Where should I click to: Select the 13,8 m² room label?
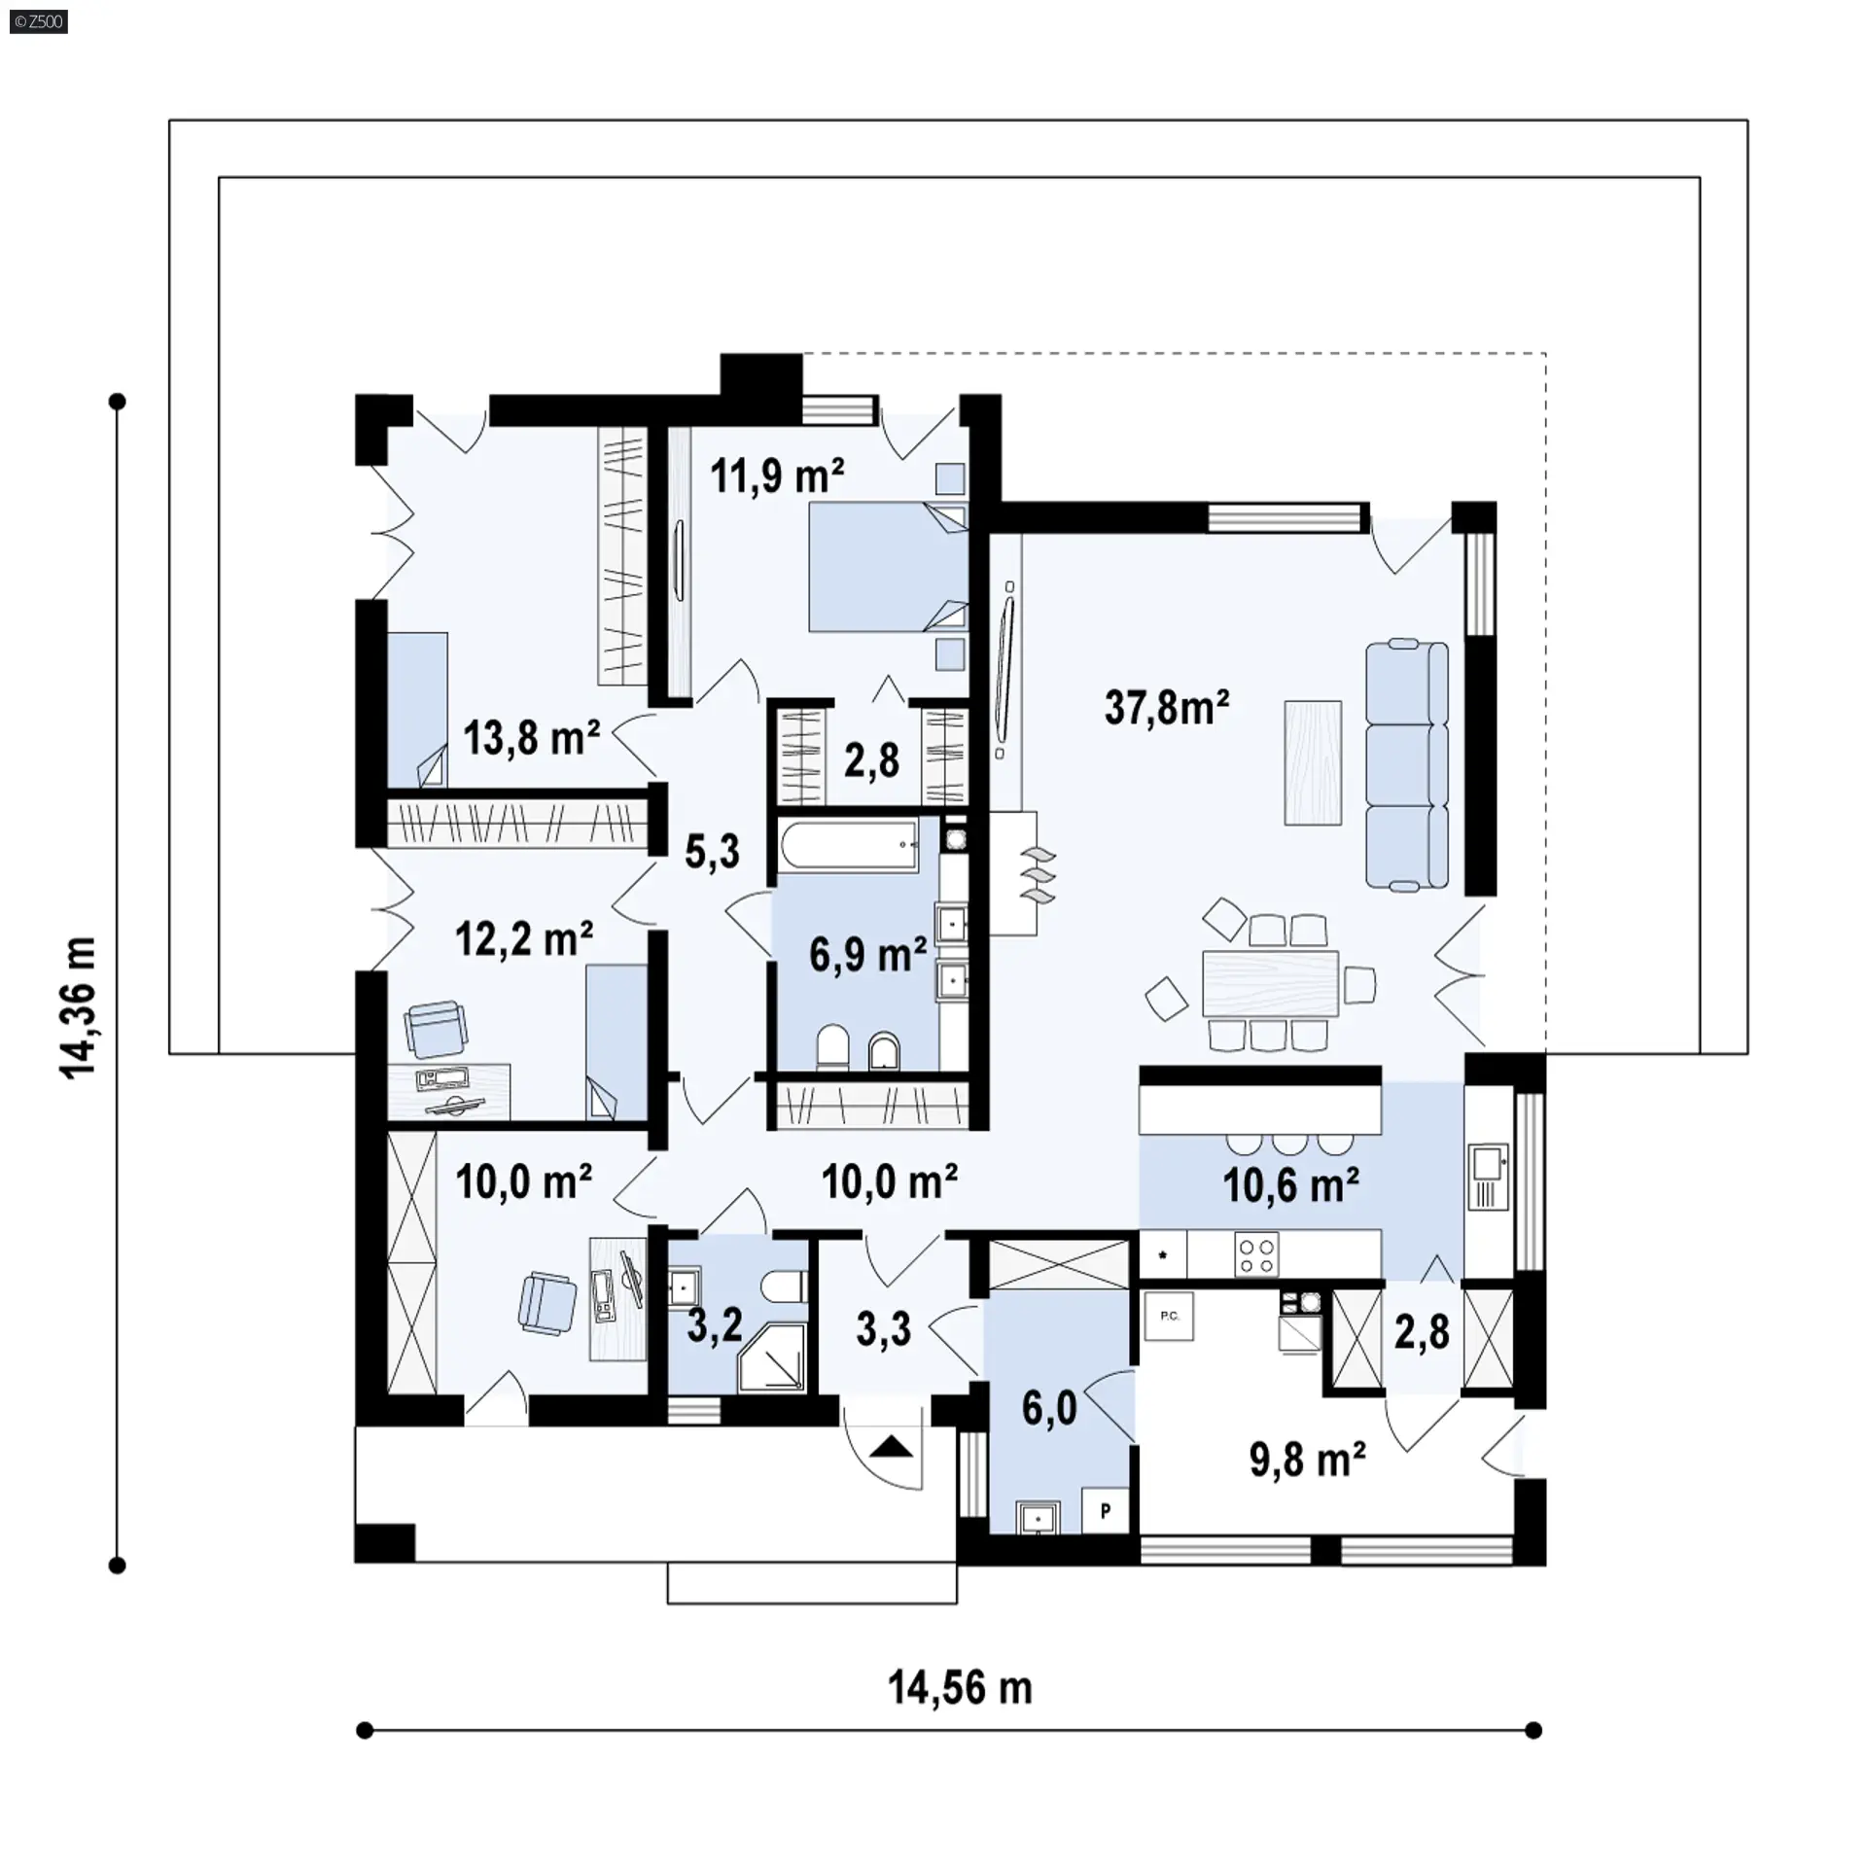pos(531,738)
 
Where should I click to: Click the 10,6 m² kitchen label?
pos(1290,1185)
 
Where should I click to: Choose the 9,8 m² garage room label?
pos(1307,1460)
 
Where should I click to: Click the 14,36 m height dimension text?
pos(79,1008)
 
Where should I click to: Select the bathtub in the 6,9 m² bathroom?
pos(849,843)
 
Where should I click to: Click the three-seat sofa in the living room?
pos(1407,764)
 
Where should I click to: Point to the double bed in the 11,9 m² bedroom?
pos(888,567)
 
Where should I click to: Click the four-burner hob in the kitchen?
pos(1256,1253)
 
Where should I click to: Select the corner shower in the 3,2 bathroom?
pos(773,1356)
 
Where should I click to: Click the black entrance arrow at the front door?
pos(892,1448)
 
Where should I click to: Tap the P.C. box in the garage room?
pos(1169,1316)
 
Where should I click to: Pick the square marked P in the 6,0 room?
pos(1105,1511)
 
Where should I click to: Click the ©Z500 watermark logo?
pos(39,21)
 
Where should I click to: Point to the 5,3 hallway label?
pos(712,852)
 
